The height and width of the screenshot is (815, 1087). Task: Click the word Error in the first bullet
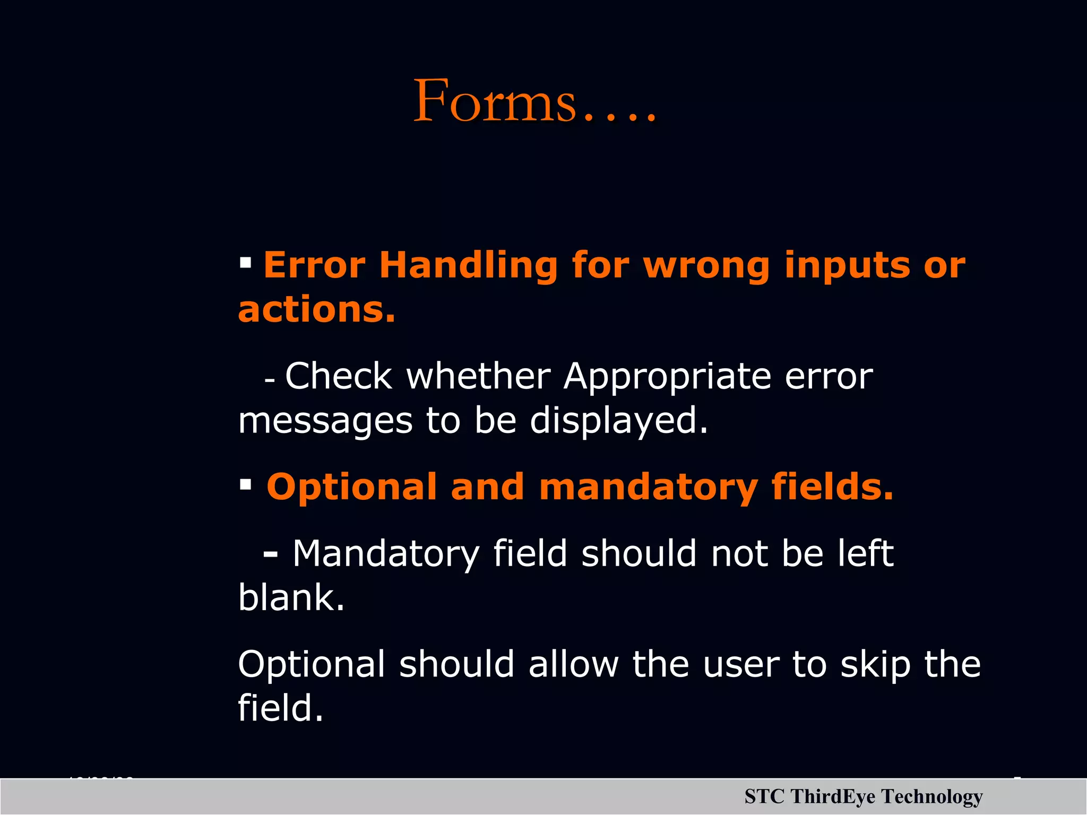(314, 265)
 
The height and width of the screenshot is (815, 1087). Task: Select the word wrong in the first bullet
(706, 265)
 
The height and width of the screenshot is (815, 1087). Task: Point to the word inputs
(847, 265)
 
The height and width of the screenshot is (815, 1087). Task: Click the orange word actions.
(316, 309)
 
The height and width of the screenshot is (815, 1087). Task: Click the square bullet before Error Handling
(245, 262)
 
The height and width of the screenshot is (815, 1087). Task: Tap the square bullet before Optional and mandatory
(245, 484)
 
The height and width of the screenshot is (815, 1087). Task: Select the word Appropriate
(667, 377)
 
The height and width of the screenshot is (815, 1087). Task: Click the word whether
(478, 377)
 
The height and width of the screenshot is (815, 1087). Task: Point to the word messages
(325, 421)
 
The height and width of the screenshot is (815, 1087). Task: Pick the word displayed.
(618, 421)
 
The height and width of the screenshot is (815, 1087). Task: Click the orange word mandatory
(648, 487)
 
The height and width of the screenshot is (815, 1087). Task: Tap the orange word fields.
(832, 487)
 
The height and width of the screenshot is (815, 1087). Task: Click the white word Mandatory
(386, 554)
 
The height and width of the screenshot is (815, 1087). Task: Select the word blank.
(291, 598)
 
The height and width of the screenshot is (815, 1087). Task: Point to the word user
(741, 664)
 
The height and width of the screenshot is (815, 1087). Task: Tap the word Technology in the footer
(932, 797)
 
